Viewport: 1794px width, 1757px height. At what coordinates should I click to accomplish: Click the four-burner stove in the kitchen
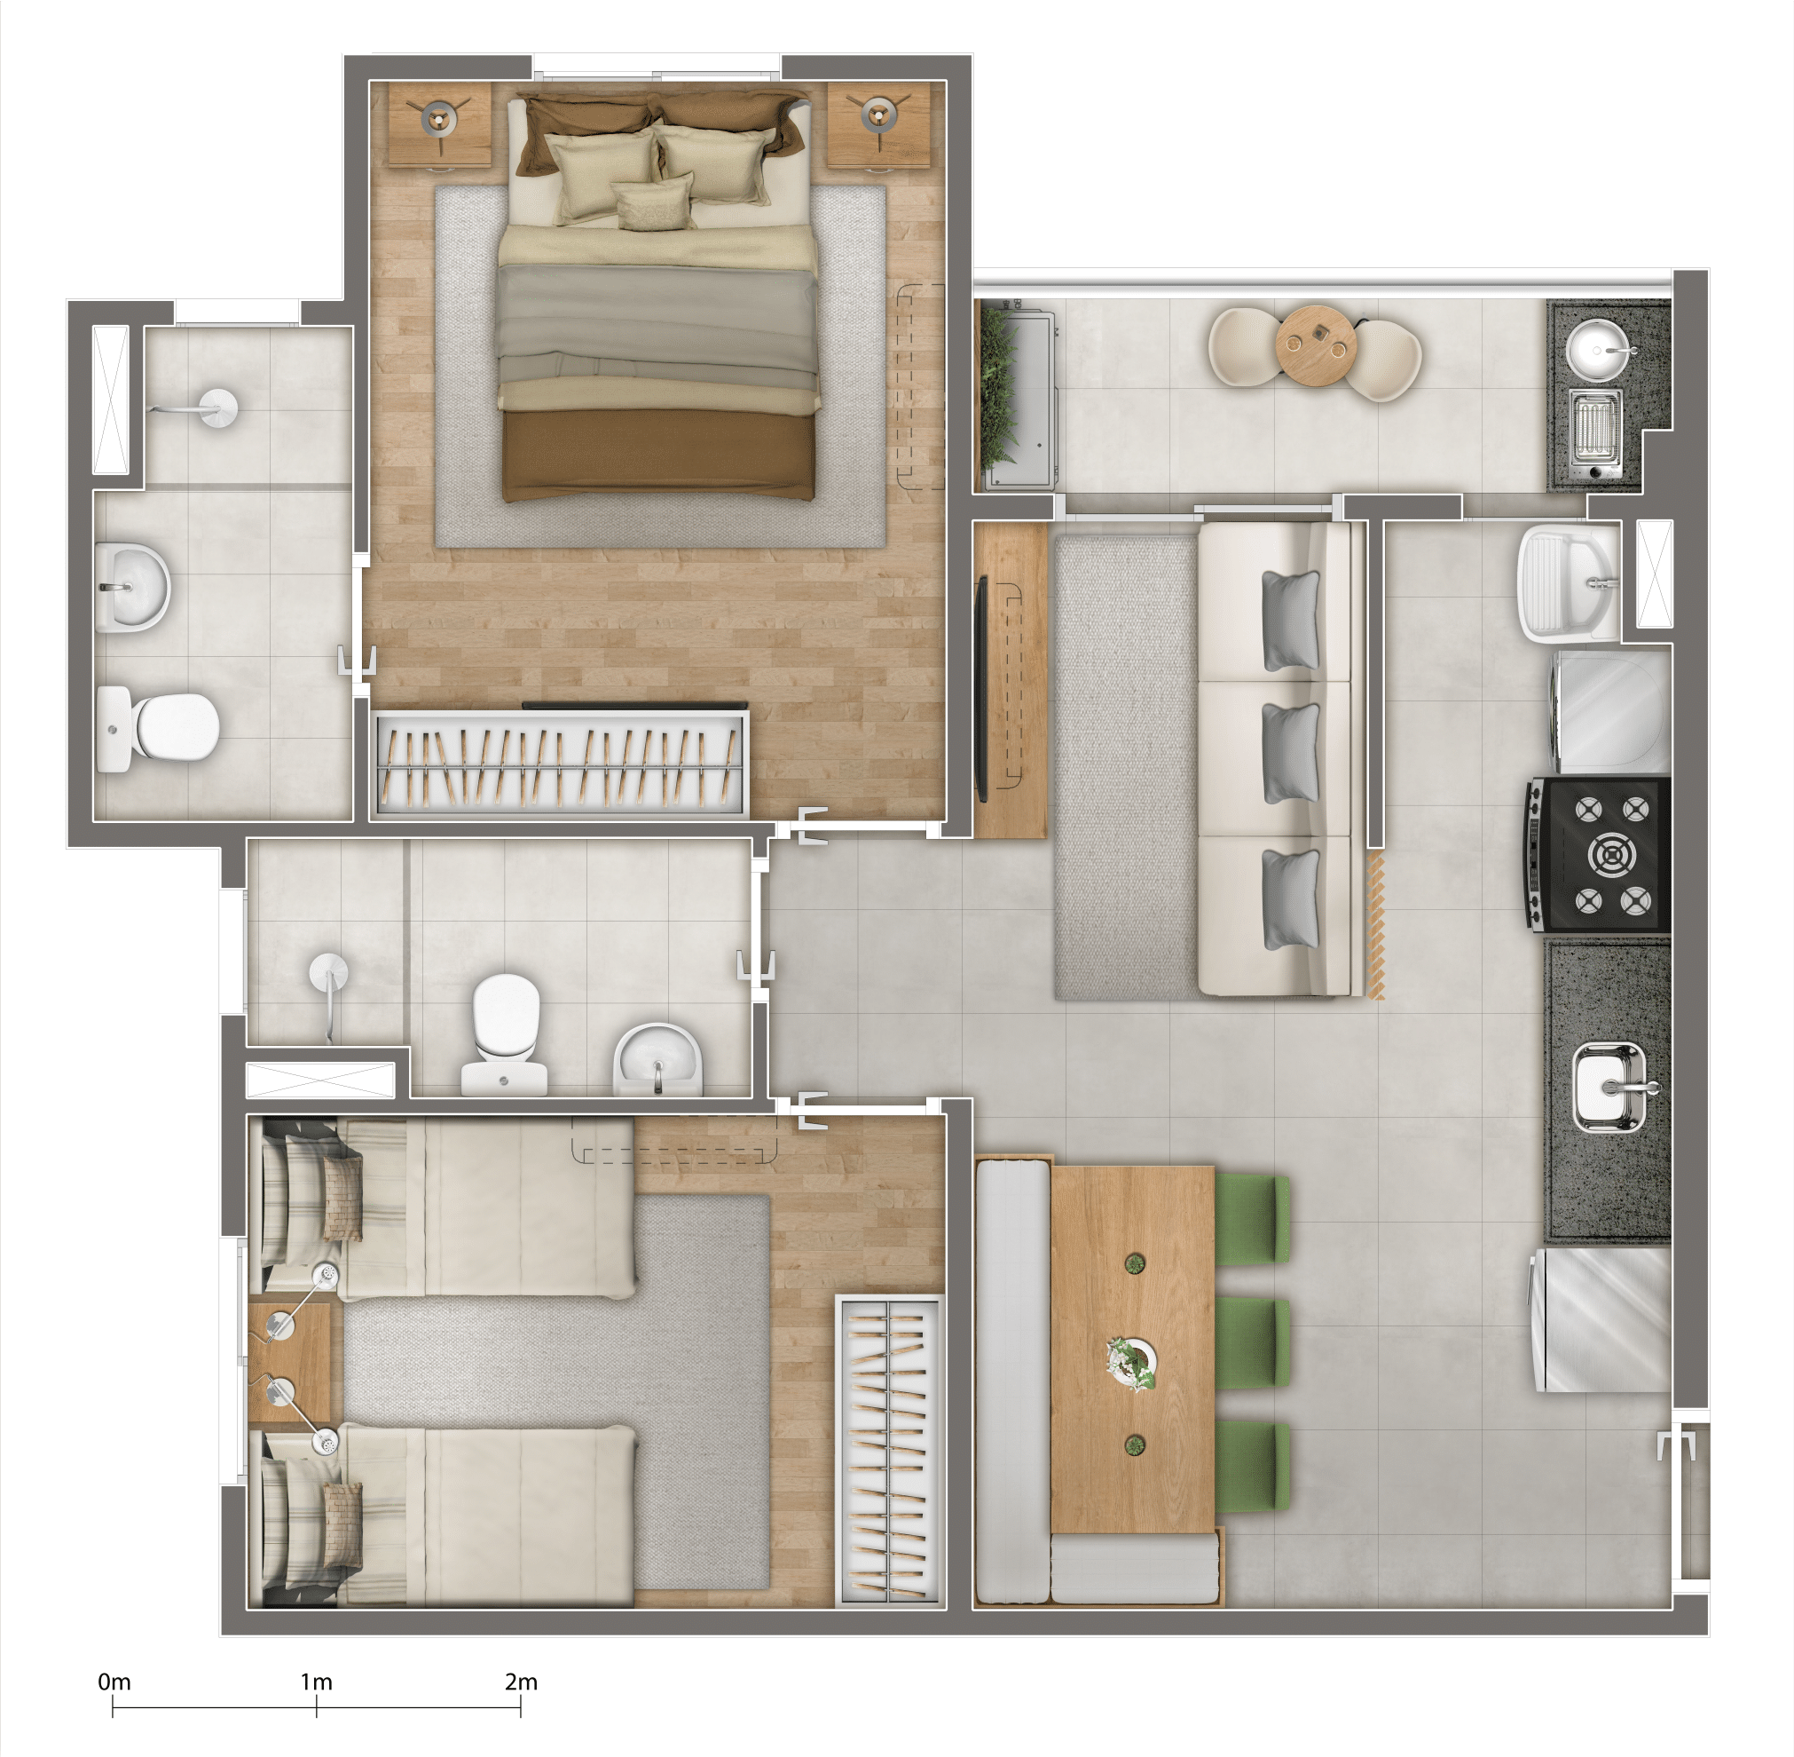(1598, 853)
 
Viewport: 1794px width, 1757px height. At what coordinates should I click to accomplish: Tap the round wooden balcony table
(1312, 341)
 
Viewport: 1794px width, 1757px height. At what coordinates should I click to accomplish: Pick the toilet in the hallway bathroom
(504, 1031)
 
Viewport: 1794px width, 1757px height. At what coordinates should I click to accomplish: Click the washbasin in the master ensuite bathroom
(132, 586)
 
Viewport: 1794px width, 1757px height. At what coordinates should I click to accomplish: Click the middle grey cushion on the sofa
(1290, 752)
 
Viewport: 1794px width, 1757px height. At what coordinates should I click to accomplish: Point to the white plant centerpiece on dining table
(1133, 1362)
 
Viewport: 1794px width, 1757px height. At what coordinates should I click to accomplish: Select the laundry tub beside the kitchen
(1568, 583)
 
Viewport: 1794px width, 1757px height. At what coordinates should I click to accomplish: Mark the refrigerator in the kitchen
(1601, 1319)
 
